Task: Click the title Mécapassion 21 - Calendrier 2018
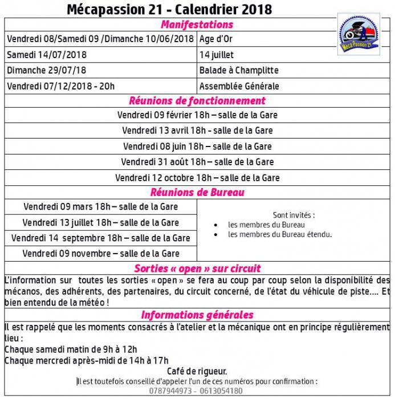(169, 9)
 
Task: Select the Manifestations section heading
(197, 25)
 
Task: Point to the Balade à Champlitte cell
(239, 71)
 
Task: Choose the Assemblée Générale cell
(239, 87)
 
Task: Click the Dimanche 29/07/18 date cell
(47, 71)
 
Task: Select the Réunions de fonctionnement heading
(197, 101)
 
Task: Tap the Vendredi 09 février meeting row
(197, 115)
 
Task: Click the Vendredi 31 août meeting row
(197, 162)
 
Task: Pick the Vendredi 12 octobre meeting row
(197, 178)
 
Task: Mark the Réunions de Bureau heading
(197, 192)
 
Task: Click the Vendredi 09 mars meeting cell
(101, 206)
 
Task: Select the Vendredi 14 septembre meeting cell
(101, 238)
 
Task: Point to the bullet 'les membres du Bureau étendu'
(280, 234)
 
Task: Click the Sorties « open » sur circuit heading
(197, 268)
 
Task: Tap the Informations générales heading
(197, 315)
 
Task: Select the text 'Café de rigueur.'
(197, 371)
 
